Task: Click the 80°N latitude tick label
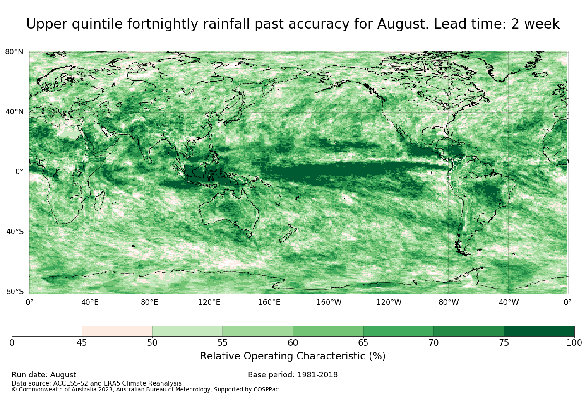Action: pyautogui.click(x=14, y=52)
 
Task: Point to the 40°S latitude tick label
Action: pyautogui.click(x=14, y=232)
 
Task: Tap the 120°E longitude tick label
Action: pyautogui.click(x=209, y=302)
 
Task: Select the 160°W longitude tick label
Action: pyautogui.click(x=329, y=302)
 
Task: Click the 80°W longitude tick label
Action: pyautogui.click(x=449, y=302)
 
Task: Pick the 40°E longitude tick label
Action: pyautogui.click(x=90, y=302)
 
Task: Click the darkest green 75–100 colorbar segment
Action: pyautogui.click(x=539, y=331)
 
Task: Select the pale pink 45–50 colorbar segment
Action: pyautogui.click(x=117, y=331)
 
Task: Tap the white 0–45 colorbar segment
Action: pyautogui.click(x=47, y=331)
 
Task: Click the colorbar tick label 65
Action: pyautogui.click(x=363, y=343)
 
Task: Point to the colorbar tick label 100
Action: pyautogui.click(x=574, y=343)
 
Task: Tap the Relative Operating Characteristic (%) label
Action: pyautogui.click(x=293, y=356)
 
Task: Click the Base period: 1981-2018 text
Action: pyautogui.click(x=293, y=375)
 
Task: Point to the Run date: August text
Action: pyautogui.click(x=44, y=375)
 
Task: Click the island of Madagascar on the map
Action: pyautogui.click(x=100, y=200)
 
